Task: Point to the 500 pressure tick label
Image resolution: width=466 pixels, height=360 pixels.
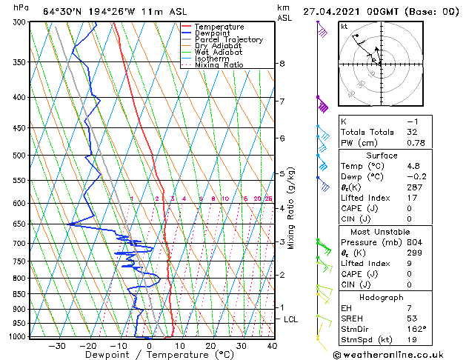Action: [21, 156]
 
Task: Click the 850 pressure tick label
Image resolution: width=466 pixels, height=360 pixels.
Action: [21, 294]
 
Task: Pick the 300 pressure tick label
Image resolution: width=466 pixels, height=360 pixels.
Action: [21, 22]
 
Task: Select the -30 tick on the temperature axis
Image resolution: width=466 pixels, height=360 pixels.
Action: [56, 346]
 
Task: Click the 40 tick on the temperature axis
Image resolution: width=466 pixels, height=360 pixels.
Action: [272, 346]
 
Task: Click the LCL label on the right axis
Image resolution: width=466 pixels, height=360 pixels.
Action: [290, 319]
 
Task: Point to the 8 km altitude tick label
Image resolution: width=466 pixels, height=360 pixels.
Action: [282, 64]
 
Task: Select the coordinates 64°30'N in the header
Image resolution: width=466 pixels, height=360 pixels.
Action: [65, 11]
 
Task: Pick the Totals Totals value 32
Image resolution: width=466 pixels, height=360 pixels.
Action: [412, 132]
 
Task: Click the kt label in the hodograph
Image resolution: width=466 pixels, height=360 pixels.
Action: [344, 27]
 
